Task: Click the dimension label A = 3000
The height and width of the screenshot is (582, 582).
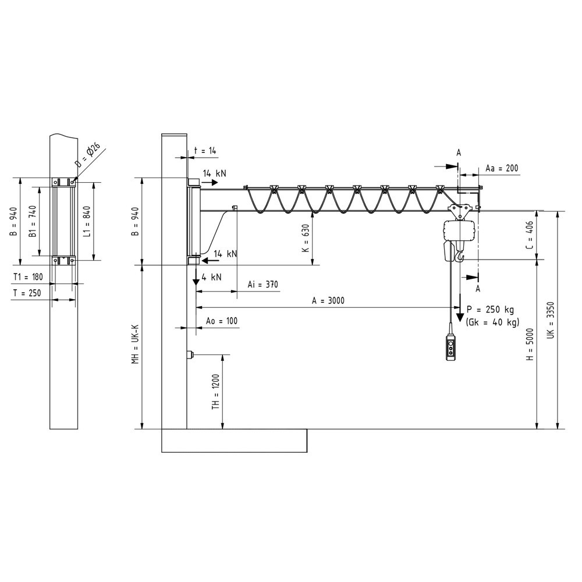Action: tap(328, 301)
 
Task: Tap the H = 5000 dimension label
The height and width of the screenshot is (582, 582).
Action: tap(530, 346)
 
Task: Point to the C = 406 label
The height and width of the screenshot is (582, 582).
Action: tap(529, 235)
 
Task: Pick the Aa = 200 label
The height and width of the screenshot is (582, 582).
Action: tap(501, 168)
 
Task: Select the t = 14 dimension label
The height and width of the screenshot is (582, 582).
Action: tap(204, 151)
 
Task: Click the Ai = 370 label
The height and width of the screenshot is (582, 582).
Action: tap(262, 285)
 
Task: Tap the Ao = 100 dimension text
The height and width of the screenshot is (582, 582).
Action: tap(222, 321)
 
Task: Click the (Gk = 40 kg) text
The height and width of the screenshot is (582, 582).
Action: tap(493, 322)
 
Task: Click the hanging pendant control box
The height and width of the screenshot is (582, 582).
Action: tap(450, 347)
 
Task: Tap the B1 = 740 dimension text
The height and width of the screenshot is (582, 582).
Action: tap(33, 221)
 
